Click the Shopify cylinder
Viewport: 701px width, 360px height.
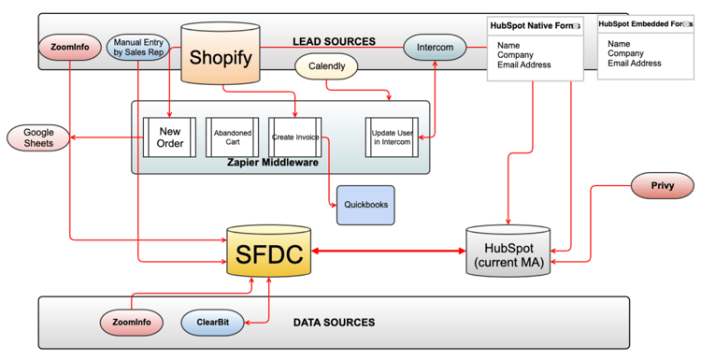click(221, 56)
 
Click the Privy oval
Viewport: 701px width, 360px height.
click(663, 186)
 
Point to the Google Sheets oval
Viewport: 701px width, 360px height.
click(38, 137)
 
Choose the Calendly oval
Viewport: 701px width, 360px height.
click(327, 67)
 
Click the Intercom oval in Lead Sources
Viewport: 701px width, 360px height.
click(435, 45)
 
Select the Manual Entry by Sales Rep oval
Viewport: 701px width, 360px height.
click(139, 46)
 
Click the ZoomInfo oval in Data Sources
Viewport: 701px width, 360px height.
click(131, 323)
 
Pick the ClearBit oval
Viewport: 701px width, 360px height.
click(212, 323)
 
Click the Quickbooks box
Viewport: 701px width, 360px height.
click(365, 205)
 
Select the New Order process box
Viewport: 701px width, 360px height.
click(169, 137)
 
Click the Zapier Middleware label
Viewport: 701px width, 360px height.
click(271, 163)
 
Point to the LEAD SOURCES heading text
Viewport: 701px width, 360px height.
click(334, 42)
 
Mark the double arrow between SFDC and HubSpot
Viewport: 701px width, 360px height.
click(389, 251)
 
